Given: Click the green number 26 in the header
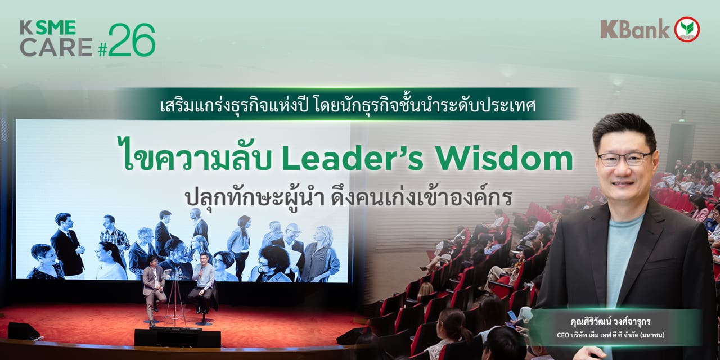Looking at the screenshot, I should coord(132,40).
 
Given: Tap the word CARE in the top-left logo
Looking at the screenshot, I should coord(56,48).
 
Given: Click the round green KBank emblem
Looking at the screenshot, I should coord(687,29).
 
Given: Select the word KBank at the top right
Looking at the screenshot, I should coord(635,29).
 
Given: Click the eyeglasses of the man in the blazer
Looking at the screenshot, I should coord(624,159).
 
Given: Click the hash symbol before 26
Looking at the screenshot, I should coord(102,50).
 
